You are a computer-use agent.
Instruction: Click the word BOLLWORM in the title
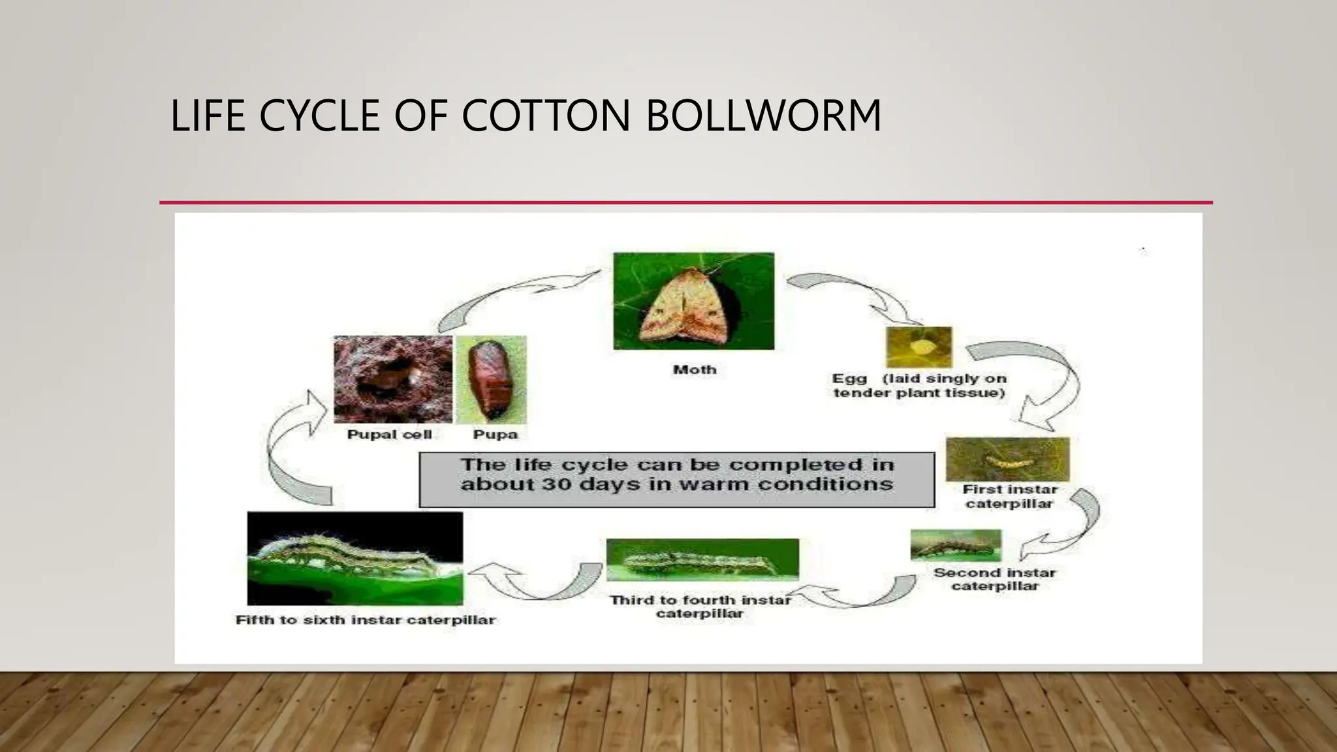point(764,116)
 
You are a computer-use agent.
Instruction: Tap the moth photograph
point(693,301)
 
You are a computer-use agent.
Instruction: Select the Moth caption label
point(695,369)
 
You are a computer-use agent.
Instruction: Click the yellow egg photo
point(919,347)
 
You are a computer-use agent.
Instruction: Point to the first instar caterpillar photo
point(1007,460)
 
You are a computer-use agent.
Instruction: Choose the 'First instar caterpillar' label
point(1009,497)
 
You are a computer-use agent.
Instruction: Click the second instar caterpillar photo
point(956,545)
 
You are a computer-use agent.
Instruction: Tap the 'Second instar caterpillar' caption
point(994,580)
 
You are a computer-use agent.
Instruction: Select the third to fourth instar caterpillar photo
point(702,559)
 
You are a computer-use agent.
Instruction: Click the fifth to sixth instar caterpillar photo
point(355,558)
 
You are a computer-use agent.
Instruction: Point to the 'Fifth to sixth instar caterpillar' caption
point(366,619)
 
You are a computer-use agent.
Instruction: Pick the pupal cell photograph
point(392,379)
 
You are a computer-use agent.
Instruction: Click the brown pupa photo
point(491,379)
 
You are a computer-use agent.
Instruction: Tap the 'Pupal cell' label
point(390,435)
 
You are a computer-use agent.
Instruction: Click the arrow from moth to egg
point(855,294)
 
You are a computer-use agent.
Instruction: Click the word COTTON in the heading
point(546,116)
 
